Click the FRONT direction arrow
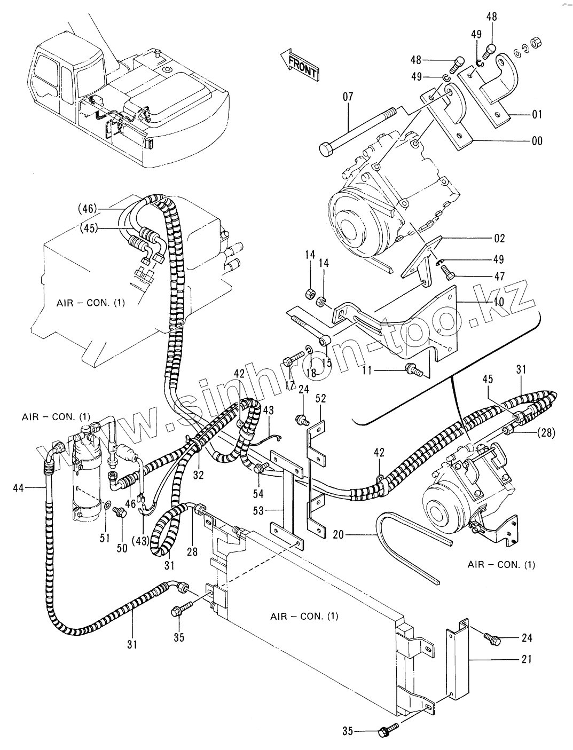click(x=300, y=64)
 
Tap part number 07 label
click(x=348, y=97)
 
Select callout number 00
click(x=537, y=141)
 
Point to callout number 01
click(x=537, y=114)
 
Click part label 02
click(x=499, y=238)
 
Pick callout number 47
click(x=499, y=276)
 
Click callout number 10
click(x=499, y=302)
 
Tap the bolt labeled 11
click(x=413, y=370)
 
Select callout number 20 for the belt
click(x=338, y=534)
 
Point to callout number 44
click(x=19, y=488)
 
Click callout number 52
click(x=320, y=398)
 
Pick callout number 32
click(x=198, y=475)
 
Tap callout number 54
click(x=258, y=493)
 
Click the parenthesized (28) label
click(x=546, y=433)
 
